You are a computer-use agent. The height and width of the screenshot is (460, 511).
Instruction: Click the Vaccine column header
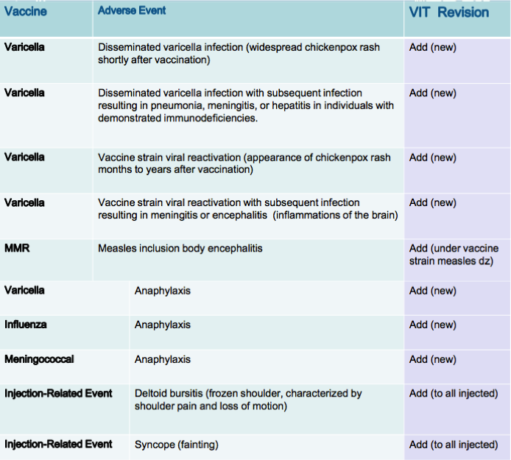[26, 12]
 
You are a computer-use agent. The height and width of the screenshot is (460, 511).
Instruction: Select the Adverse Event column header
[132, 10]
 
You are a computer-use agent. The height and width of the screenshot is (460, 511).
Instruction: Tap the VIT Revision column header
[448, 13]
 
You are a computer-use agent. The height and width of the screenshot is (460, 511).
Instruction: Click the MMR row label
[17, 248]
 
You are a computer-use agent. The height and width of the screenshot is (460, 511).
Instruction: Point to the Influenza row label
[26, 325]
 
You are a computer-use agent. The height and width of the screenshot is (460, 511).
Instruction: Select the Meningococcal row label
[39, 359]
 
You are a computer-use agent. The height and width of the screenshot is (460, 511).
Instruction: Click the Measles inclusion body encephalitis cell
[180, 249]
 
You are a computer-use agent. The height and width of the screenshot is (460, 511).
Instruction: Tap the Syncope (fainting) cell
[176, 445]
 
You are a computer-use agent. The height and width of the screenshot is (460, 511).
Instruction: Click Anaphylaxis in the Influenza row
[162, 325]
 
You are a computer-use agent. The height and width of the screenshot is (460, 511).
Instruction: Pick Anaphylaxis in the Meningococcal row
[162, 359]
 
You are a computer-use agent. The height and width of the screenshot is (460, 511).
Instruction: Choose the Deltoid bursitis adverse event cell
[248, 400]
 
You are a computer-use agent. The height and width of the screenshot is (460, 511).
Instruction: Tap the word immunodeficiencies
[210, 118]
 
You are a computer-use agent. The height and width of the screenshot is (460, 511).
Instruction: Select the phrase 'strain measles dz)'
[451, 261]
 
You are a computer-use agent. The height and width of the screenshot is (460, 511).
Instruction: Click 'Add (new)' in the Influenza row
[432, 325]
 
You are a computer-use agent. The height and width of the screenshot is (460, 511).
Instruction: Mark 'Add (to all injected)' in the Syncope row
[454, 445]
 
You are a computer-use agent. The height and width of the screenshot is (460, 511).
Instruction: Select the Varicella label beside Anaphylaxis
[24, 290]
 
